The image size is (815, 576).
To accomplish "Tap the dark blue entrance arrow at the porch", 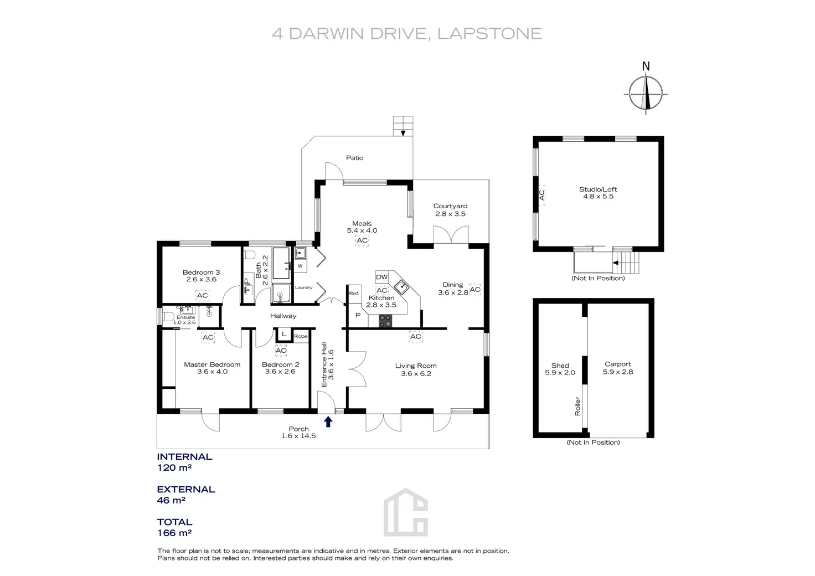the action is click(x=328, y=421).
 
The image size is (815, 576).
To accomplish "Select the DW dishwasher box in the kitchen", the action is click(x=381, y=277).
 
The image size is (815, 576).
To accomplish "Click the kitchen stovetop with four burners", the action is click(x=385, y=321).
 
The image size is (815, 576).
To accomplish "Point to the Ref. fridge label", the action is click(x=354, y=294).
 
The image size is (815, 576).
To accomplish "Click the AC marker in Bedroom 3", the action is click(x=202, y=295).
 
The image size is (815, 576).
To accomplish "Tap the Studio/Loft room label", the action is click(x=598, y=189).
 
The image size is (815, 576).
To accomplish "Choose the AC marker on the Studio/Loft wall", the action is click(x=541, y=195).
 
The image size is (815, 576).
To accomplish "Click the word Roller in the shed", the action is click(x=577, y=407).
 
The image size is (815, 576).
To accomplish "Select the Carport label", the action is click(x=618, y=364).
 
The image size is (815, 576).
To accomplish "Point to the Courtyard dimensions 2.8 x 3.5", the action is click(x=451, y=214).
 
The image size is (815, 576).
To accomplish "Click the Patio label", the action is click(x=355, y=157).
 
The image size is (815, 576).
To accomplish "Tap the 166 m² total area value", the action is click(x=174, y=533).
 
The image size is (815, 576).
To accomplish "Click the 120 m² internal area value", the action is click(x=174, y=467).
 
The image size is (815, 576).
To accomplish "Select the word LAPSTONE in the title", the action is click(x=489, y=33).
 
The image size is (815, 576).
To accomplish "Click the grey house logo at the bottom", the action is click(x=406, y=512).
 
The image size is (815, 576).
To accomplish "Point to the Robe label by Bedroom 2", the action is click(x=301, y=336).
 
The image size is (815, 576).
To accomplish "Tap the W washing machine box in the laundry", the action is click(x=300, y=266).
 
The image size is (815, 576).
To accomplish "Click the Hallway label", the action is click(x=283, y=316).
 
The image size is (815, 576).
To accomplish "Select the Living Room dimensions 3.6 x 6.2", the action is click(x=416, y=373).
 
